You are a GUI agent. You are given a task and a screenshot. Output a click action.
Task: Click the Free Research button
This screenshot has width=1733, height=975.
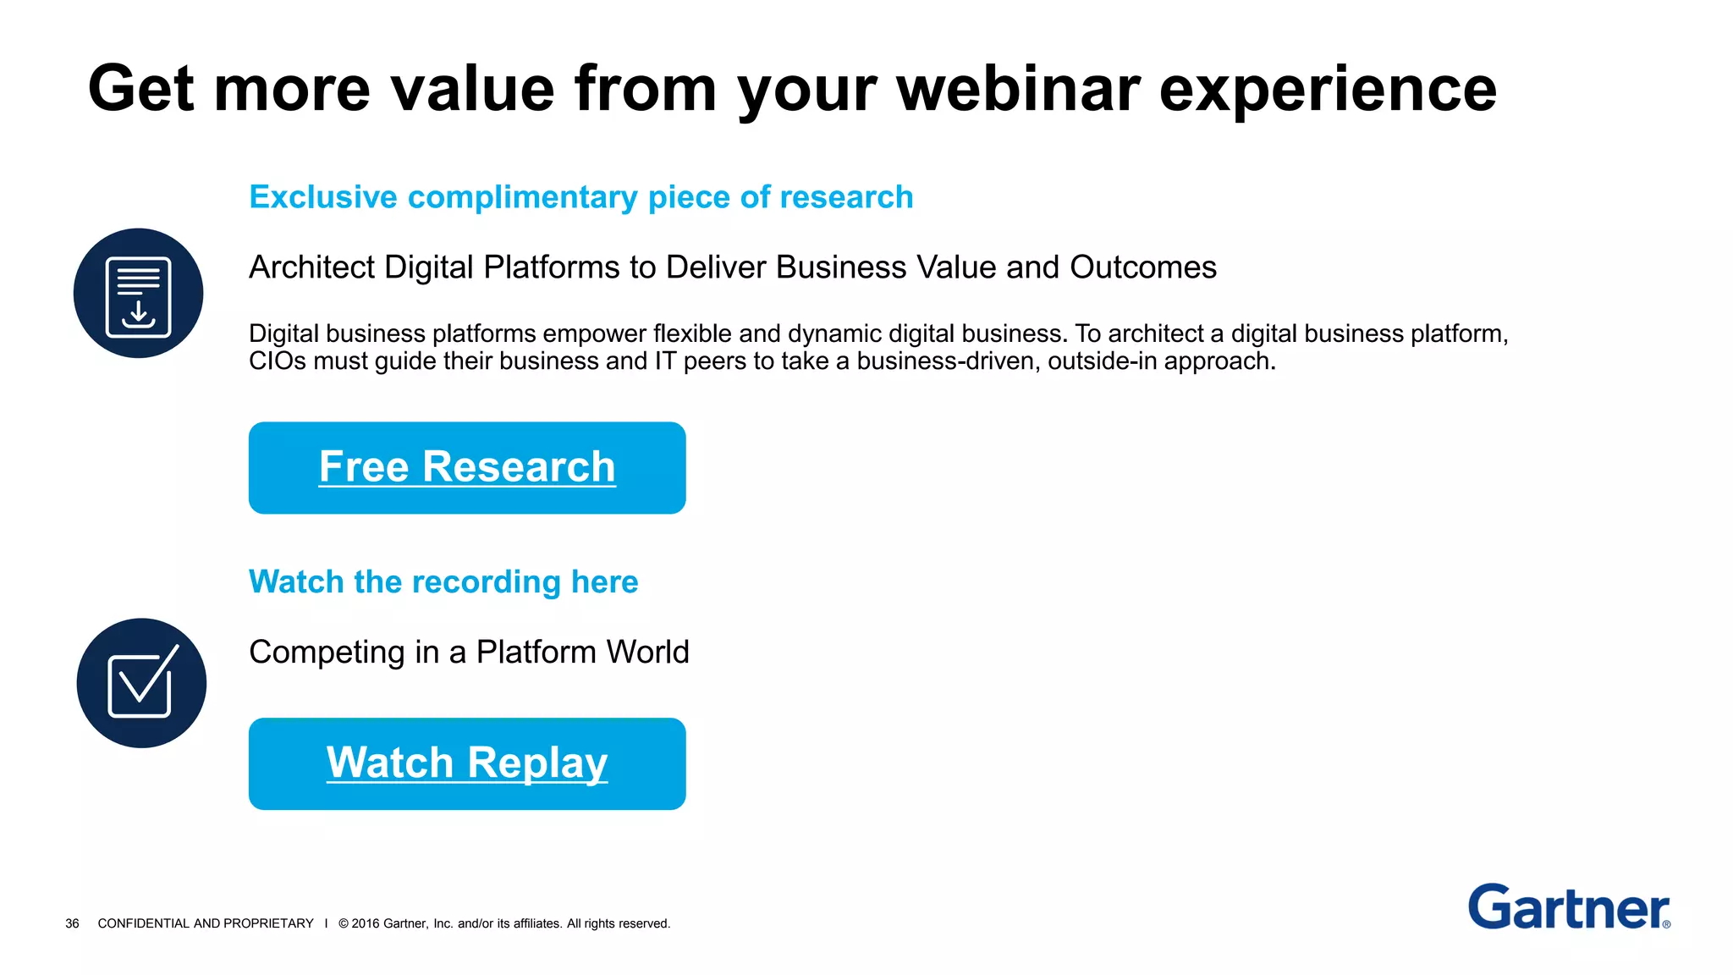pos(467,467)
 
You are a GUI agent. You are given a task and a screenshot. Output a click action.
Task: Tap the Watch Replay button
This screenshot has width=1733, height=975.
pos(467,763)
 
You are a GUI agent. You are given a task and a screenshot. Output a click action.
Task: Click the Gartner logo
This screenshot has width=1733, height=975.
pos(1568,907)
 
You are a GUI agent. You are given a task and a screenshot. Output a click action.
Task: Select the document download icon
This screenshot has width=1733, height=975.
pos(138,294)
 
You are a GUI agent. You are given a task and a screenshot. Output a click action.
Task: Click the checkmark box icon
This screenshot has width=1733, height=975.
pos(141,683)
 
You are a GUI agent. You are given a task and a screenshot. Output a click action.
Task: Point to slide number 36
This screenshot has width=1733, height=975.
pos(72,923)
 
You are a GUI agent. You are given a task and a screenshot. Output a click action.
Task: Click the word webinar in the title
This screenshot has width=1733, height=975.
pos(1018,89)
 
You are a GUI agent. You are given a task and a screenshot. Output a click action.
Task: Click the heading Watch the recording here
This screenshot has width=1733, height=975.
pos(443,582)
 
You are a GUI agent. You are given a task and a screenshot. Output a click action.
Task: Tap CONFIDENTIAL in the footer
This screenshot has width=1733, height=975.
pos(144,923)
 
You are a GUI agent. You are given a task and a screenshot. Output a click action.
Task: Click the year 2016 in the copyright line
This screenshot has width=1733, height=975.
pos(366,923)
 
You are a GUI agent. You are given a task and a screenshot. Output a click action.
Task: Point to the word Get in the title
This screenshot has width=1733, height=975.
pos(141,89)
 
